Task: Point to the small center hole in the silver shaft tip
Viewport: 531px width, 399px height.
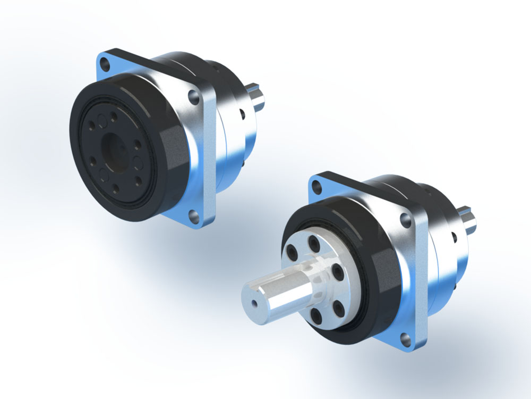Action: tap(255, 303)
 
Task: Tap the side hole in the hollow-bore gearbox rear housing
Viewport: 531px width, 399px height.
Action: tap(242, 113)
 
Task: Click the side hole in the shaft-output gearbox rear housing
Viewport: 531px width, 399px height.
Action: tap(454, 234)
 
